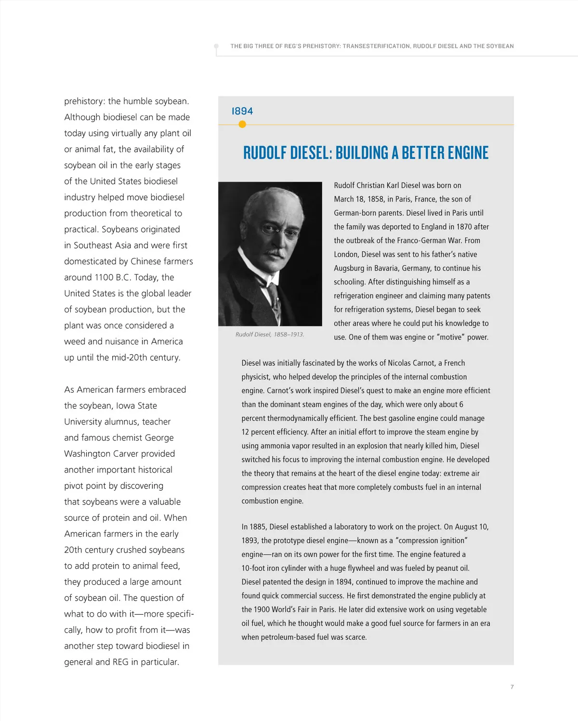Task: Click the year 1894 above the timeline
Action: tap(242, 111)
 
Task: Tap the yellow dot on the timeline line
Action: tap(242, 124)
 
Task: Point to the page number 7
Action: tap(512, 687)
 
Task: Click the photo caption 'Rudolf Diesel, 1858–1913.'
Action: tap(270, 335)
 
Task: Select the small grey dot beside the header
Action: tap(216, 46)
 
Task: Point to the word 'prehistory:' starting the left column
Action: tap(85, 102)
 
